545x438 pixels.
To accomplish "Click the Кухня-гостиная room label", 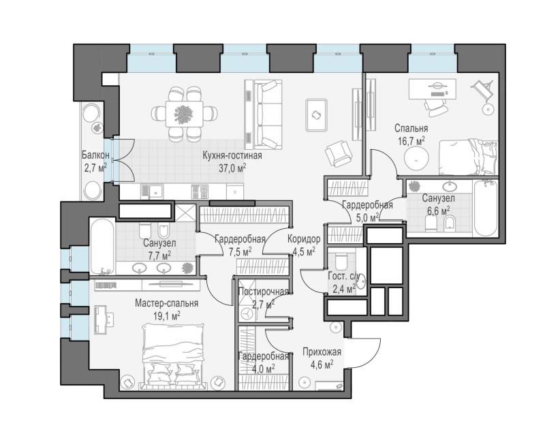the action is [x=232, y=155].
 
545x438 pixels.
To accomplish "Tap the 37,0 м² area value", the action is [x=232, y=168].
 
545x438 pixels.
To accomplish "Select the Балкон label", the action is [x=95, y=155].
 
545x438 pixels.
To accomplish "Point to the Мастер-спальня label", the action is [x=166, y=303].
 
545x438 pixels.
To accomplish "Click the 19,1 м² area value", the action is [x=166, y=315].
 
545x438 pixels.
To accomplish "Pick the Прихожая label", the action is [x=322, y=351].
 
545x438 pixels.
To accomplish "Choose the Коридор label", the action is [x=304, y=239].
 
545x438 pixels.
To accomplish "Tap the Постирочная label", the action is [x=264, y=292].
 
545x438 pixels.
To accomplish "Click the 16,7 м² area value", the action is [x=411, y=141].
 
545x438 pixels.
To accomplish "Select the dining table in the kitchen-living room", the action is [x=184, y=114].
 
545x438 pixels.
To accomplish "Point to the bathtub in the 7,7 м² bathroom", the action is [x=102, y=246].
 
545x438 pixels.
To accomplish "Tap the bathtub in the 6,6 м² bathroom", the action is [x=486, y=208].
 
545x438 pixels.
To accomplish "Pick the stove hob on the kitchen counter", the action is [x=200, y=191].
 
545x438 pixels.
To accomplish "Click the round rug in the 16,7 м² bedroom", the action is [x=416, y=158].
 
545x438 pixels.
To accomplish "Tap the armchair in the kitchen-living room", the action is [x=337, y=153].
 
